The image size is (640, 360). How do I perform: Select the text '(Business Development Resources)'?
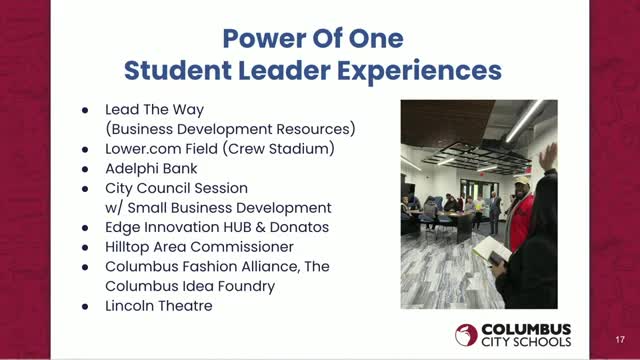pyautogui.click(x=230, y=129)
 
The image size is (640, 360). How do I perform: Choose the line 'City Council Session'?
pyautogui.click(x=176, y=188)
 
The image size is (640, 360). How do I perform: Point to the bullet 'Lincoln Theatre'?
pyautogui.click(x=158, y=305)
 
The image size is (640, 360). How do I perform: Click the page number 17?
pyautogui.click(x=619, y=339)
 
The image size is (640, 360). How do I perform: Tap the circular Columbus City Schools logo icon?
pyautogui.click(x=466, y=335)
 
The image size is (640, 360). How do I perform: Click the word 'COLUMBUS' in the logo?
pyautogui.click(x=524, y=328)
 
